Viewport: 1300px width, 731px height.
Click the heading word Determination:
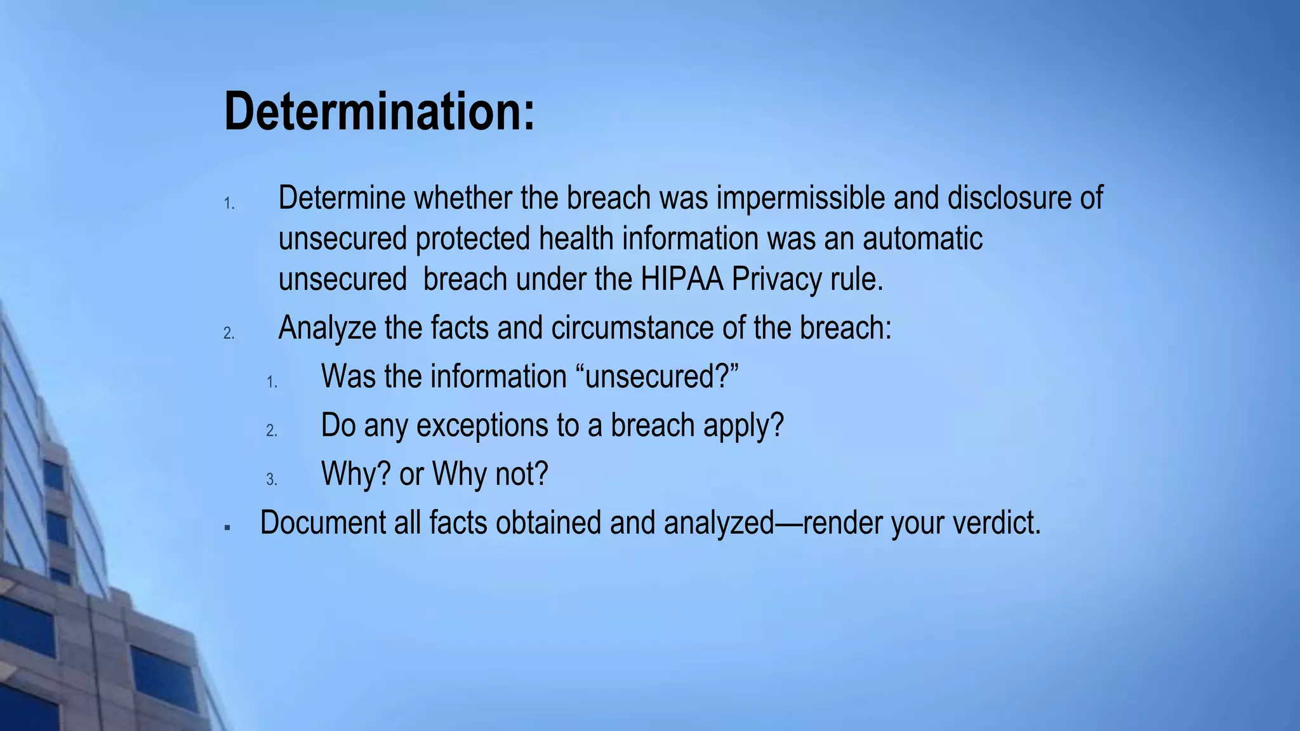pyautogui.click(x=380, y=112)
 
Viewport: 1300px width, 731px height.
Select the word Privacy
pyautogui.click(x=776, y=279)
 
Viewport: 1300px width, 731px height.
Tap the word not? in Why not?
pyautogui.click(x=521, y=473)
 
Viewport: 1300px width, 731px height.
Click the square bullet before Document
pyautogui.click(x=227, y=527)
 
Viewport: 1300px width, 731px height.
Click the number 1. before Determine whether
pyautogui.click(x=229, y=204)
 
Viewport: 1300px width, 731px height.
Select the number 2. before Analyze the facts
pyautogui.click(x=229, y=334)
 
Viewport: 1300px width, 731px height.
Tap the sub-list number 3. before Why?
pyautogui.click(x=272, y=480)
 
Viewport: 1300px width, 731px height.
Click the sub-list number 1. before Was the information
pyautogui.click(x=272, y=383)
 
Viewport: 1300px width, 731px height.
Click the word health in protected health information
pyautogui.click(x=576, y=239)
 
